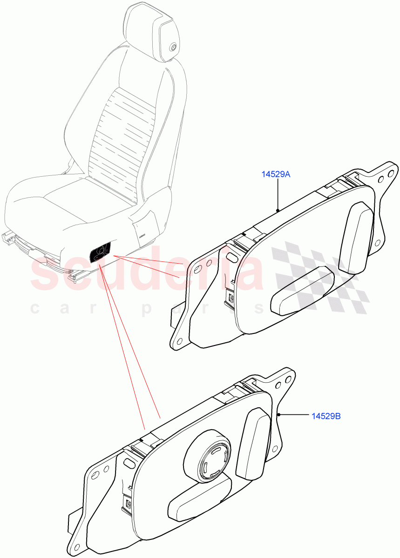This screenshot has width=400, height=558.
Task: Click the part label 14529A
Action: coord(275,174)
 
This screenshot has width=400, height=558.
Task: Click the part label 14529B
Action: coord(326,416)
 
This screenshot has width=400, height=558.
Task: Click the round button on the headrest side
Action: coord(173,46)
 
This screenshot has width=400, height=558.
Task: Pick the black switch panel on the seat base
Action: coord(101,252)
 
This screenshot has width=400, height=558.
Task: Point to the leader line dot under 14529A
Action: coord(278,210)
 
